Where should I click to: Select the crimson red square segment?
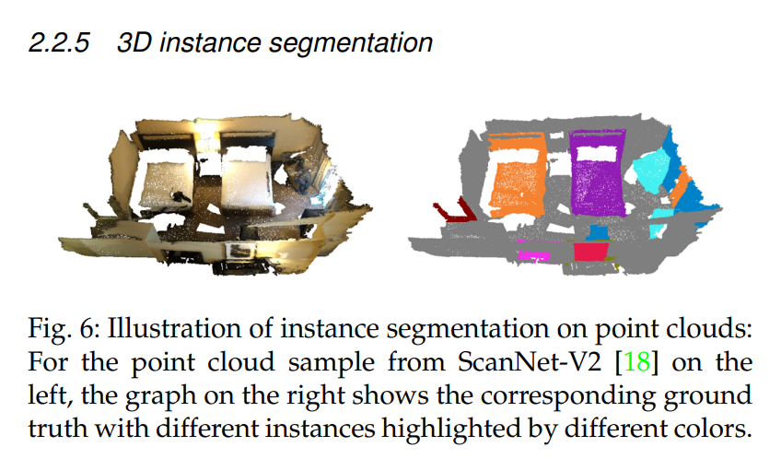click(x=590, y=252)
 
